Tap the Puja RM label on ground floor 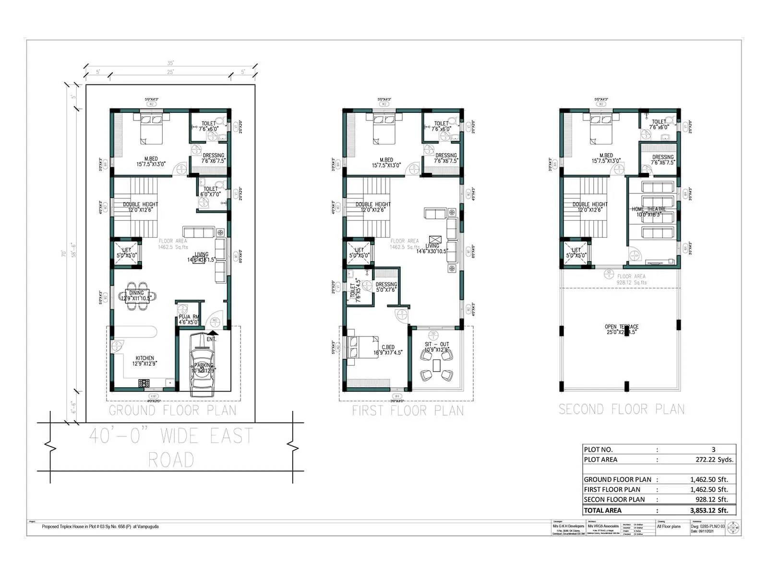tap(189, 319)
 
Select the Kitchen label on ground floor tap(144, 360)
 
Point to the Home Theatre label tap(648, 212)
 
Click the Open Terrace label tap(621, 329)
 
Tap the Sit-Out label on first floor tap(436, 347)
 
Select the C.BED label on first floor tap(388, 350)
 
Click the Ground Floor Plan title tap(172, 410)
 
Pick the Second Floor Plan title tap(621, 409)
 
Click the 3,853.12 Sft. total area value tap(709, 510)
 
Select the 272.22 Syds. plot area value tap(714, 459)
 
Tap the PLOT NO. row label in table tap(598, 449)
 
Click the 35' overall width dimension tap(170, 63)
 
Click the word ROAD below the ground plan tap(171, 459)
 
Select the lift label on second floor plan tap(576, 252)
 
